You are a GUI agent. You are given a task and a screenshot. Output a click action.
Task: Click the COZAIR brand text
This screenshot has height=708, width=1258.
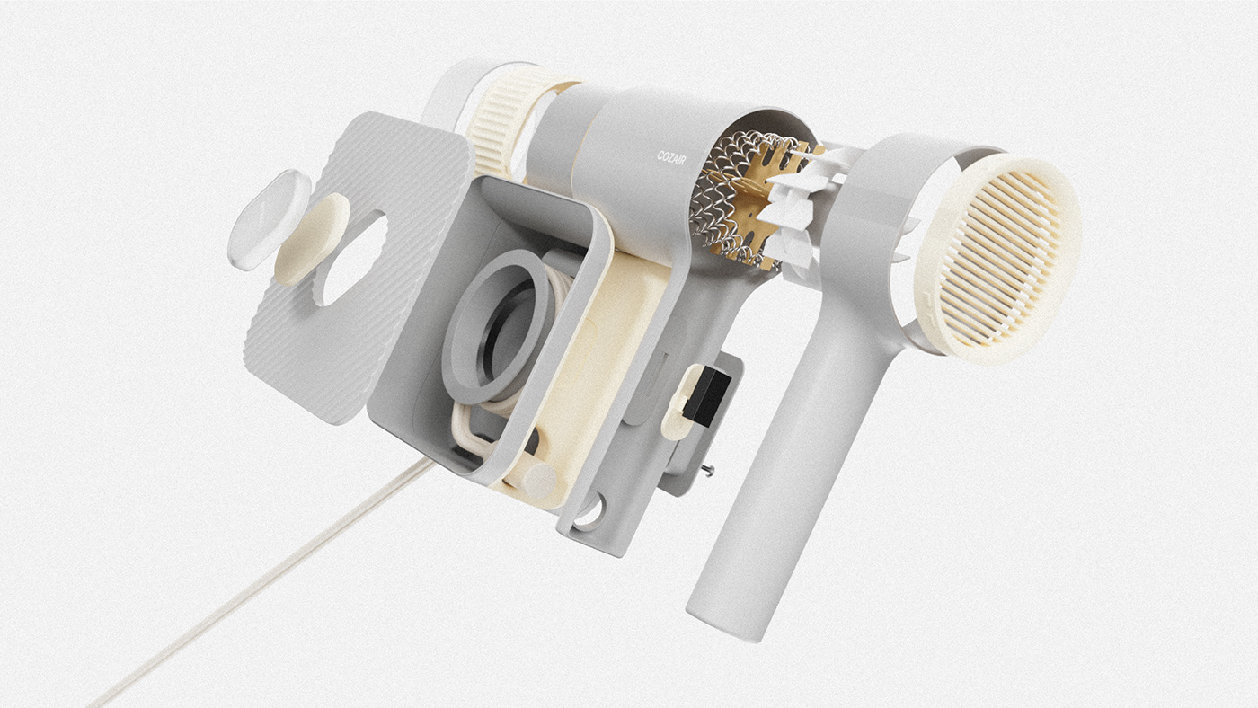coord(672,158)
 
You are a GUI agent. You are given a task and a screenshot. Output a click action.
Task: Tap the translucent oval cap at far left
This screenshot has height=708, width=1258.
coord(269,219)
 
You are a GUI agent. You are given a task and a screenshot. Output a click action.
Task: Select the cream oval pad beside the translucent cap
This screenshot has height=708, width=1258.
coord(312,240)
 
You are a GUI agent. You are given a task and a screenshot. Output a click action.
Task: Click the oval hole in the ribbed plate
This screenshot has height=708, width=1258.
coord(352,261)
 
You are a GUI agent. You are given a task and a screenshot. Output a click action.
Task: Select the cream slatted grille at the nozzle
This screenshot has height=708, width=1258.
coord(997,258)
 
